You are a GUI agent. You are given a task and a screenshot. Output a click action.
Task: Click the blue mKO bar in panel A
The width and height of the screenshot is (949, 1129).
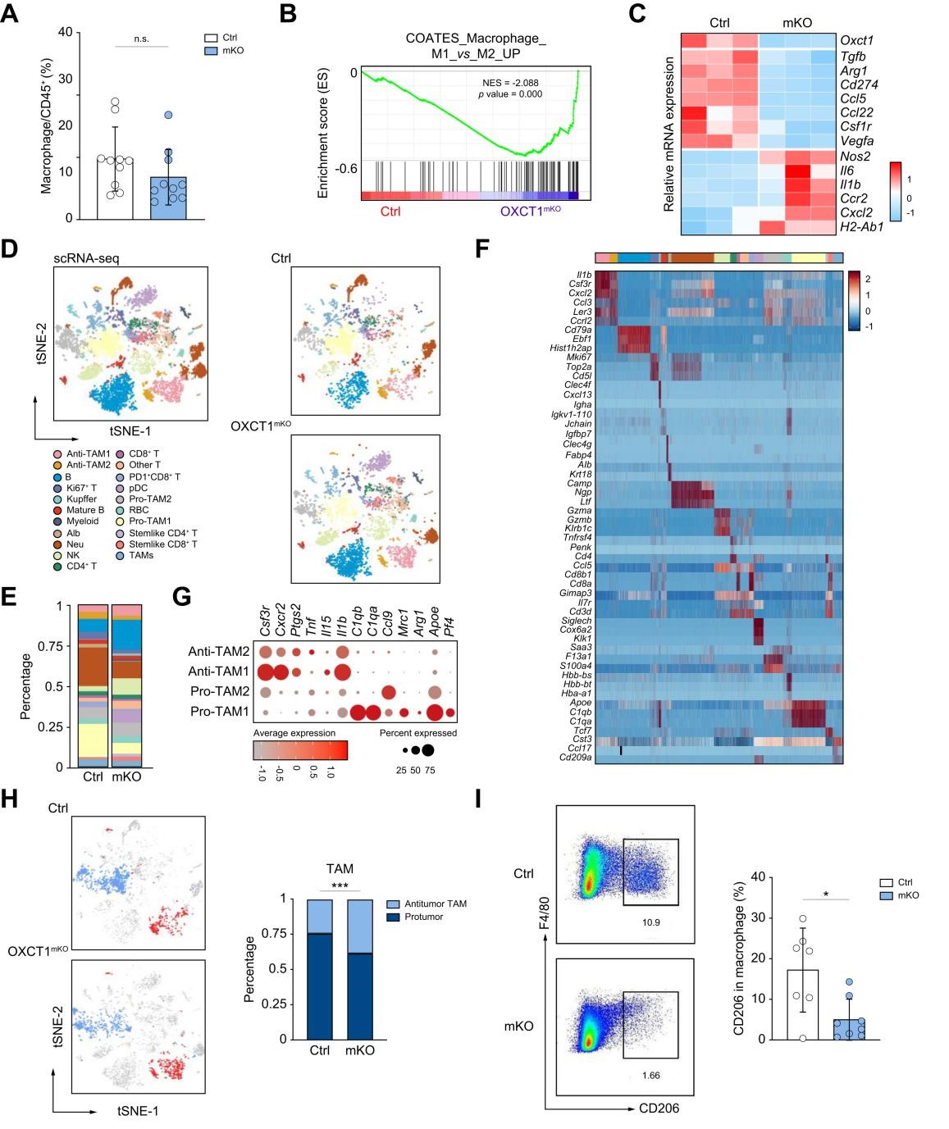[168, 198]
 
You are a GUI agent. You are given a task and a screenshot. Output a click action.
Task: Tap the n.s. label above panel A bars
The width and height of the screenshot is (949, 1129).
[142, 39]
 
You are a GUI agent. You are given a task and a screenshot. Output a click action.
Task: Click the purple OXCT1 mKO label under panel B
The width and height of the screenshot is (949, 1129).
[531, 212]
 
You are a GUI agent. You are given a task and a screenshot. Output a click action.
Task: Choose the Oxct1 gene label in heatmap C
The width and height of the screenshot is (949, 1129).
[856, 40]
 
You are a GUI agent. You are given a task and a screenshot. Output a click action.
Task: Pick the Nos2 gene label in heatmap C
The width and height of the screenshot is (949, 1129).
[855, 156]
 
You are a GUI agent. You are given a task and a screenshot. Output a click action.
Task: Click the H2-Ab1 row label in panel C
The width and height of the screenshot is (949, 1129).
[861, 226]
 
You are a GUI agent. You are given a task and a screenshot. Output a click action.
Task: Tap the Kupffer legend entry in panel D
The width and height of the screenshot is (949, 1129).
[81, 498]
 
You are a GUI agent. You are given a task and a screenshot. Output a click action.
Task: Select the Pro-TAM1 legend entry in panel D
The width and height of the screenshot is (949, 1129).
[149, 521]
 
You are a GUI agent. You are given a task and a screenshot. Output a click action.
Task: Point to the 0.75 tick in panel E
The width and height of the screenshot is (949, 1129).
[52, 646]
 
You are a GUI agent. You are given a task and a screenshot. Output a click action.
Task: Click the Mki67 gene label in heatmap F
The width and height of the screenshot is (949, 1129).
[578, 357]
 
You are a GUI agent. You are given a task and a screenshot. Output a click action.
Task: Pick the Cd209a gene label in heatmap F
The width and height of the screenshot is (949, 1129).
[575, 758]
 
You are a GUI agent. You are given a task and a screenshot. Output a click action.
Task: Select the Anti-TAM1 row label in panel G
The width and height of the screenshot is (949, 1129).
[218, 671]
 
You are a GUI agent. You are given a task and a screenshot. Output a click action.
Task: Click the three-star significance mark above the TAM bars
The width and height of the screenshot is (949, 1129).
[340, 886]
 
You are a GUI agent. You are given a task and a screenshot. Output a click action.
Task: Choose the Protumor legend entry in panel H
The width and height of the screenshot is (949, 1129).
[423, 917]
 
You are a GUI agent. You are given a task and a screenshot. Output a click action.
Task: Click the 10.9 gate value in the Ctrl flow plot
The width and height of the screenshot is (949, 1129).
[650, 922]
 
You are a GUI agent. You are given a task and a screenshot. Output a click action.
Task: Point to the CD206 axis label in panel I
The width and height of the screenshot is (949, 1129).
[659, 1109]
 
